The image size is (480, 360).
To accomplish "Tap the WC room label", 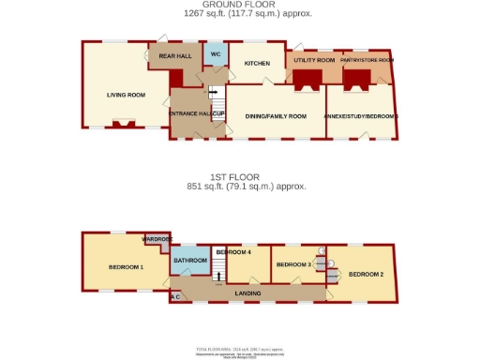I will pos(215,54).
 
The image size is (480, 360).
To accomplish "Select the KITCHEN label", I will pos(257,63).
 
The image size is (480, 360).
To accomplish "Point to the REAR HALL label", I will pos(174,57).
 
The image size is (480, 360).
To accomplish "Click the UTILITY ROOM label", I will pos(314,60).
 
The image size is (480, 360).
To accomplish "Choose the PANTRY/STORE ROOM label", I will pos(367,60).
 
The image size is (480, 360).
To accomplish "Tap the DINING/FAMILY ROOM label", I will pos(276,116).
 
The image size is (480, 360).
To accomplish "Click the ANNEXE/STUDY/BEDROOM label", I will pos(362,116).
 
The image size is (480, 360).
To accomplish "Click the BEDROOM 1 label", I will pos(126,267).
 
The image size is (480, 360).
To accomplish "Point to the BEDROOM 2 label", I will pos(367,274).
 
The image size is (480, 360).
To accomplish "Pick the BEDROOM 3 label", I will pos(293,265).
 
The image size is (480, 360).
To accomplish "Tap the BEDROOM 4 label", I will pos(233,252).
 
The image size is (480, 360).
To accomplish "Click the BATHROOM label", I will pos(189,260).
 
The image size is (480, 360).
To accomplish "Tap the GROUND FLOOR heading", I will pos(245,5).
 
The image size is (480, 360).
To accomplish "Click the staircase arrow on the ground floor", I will pos(212,93).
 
